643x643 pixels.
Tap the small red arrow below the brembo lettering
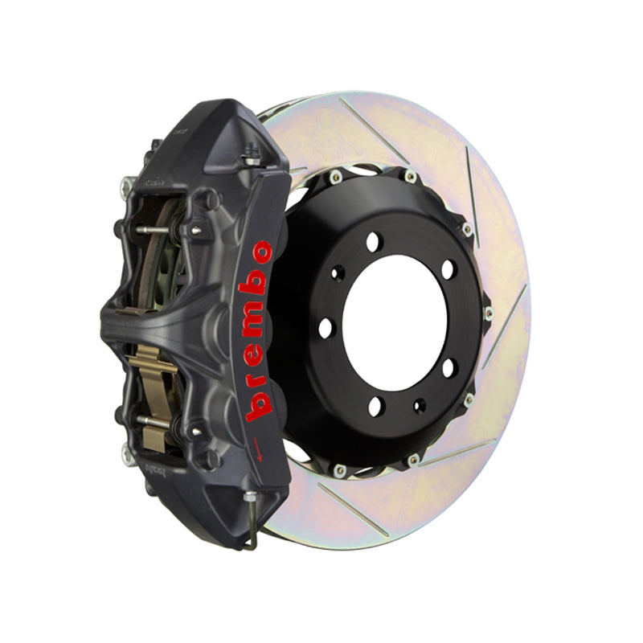[x=257, y=449]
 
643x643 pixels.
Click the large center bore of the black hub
[x=395, y=323]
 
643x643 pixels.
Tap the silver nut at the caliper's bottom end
[x=250, y=497]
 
